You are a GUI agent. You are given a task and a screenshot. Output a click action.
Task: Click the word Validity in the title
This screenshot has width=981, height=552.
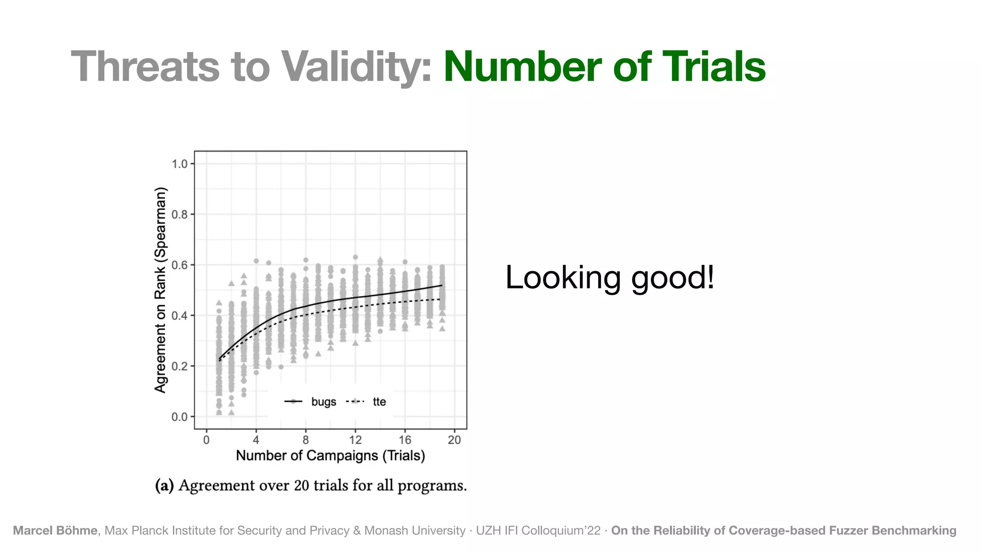pyautogui.click(x=357, y=67)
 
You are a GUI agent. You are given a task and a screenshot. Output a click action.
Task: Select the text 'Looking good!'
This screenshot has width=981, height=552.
pyautogui.click(x=610, y=277)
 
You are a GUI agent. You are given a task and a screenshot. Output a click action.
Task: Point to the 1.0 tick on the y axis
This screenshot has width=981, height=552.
pyautogui.click(x=180, y=164)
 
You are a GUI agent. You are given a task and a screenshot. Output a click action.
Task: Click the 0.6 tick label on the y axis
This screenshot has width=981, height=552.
pyautogui.click(x=180, y=265)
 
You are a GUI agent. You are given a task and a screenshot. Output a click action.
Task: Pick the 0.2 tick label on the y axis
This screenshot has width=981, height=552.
pyautogui.click(x=180, y=366)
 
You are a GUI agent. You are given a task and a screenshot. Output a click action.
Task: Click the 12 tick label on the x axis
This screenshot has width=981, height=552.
pyautogui.click(x=355, y=440)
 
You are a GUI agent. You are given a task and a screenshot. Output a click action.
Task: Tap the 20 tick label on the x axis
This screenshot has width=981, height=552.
pyautogui.click(x=454, y=440)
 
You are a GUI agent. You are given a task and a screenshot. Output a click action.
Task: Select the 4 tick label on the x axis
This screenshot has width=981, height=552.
pyautogui.click(x=256, y=440)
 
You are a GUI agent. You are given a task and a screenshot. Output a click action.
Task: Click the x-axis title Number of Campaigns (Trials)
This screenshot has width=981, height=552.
pyautogui.click(x=331, y=456)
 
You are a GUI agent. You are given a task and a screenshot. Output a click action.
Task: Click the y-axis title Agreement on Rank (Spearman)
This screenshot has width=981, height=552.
pyautogui.click(x=160, y=290)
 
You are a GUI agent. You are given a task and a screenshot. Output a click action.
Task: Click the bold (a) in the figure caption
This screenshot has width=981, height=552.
pyautogui.click(x=164, y=486)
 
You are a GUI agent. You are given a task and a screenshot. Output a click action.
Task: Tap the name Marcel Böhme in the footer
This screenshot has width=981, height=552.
pyautogui.click(x=55, y=530)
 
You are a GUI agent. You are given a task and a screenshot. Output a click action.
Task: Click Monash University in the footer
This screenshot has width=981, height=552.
pyautogui.click(x=415, y=530)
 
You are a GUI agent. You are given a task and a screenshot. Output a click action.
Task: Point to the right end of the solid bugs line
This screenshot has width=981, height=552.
pyautogui.click(x=442, y=286)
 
